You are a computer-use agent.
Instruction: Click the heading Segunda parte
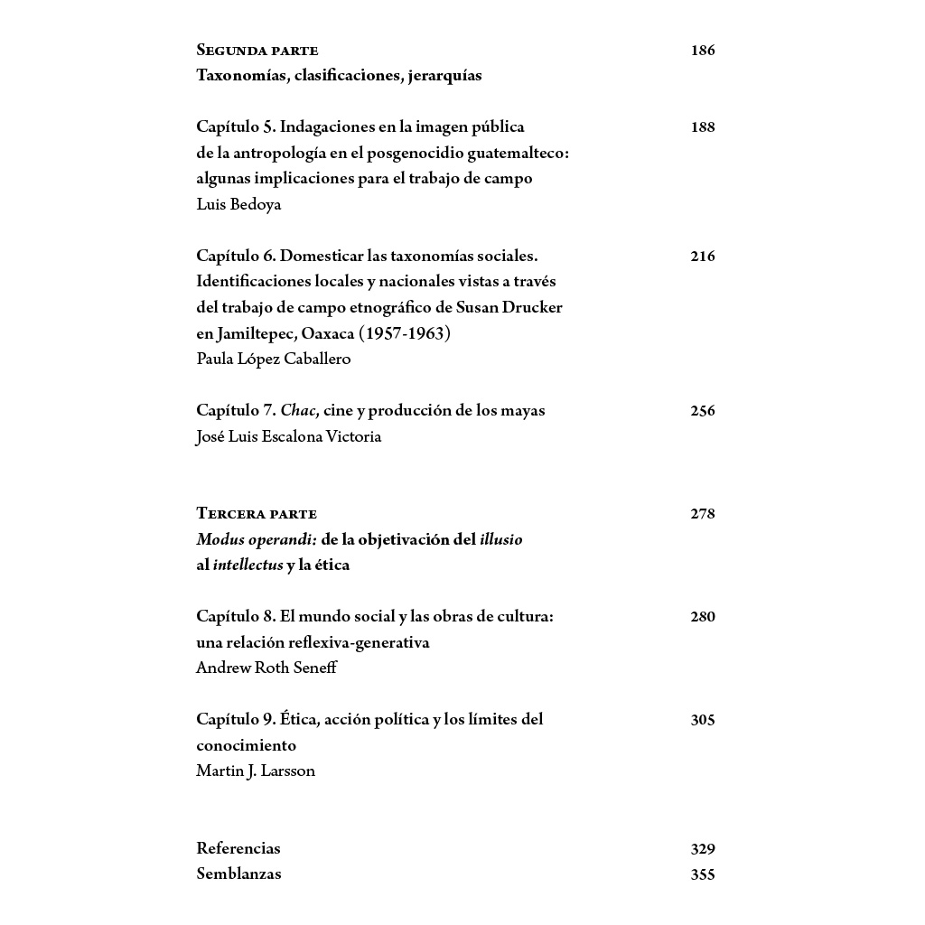pyautogui.click(x=257, y=51)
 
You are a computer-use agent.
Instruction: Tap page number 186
pyautogui.click(x=702, y=51)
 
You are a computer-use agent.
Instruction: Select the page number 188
pyautogui.click(x=702, y=127)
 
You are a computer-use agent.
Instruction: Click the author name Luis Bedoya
pyautogui.click(x=238, y=204)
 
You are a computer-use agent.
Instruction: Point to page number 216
pyautogui.click(x=702, y=257)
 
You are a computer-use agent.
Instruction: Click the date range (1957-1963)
pyautogui.click(x=405, y=333)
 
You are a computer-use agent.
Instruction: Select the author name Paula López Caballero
pyautogui.click(x=274, y=359)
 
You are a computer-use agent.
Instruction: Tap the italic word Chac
pyautogui.click(x=297, y=410)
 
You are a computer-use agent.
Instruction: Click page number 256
pyautogui.click(x=702, y=411)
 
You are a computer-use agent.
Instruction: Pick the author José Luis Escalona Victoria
pyautogui.click(x=289, y=436)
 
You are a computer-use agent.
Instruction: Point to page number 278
pyautogui.click(x=702, y=514)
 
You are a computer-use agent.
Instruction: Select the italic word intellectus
pyautogui.click(x=248, y=565)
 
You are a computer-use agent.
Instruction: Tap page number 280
pyautogui.click(x=702, y=617)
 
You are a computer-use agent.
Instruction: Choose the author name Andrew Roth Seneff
pyautogui.click(x=266, y=668)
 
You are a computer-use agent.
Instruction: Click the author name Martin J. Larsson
pyautogui.click(x=256, y=771)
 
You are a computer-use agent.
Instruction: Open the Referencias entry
pyautogui.click(x=238, y=848)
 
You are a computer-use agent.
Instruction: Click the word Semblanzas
pyautogui.click(x=238, y=874)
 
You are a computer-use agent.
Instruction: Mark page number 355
pyautogui.click(x=702, y=874)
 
